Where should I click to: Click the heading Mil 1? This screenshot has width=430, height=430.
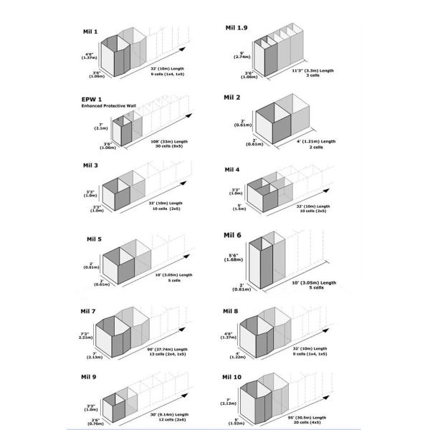point(91,33)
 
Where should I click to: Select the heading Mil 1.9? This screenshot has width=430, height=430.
point(236,27)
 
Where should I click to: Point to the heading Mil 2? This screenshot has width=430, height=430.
point(233,96)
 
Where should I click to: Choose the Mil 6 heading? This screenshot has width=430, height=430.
point(233,235)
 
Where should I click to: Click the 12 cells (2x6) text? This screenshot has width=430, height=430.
point(168,423)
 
